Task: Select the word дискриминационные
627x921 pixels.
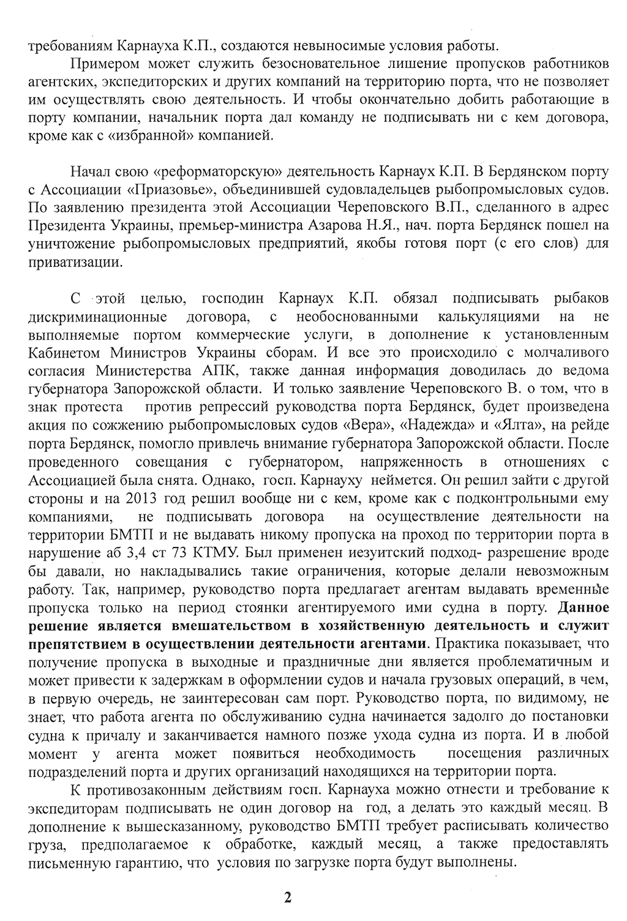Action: click(97, 317)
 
